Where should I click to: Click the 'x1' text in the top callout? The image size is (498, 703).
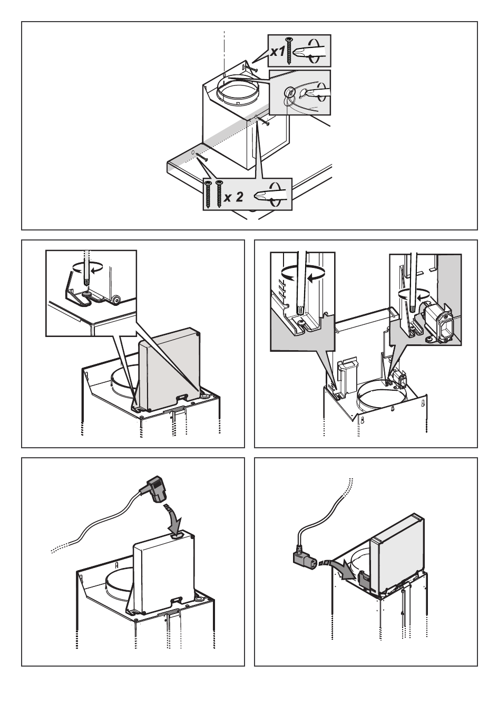click(278, 52)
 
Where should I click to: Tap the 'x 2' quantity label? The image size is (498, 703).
click(233, 198)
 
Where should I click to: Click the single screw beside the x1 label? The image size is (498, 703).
click(289, 51)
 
